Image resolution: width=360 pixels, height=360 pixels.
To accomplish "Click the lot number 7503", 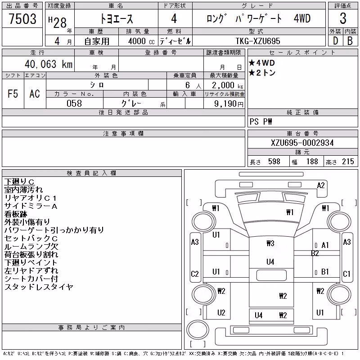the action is tap(22, 19).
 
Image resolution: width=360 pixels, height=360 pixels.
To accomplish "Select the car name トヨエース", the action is tap(117, 19).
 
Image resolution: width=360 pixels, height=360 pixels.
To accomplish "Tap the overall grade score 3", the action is tap(343, 18).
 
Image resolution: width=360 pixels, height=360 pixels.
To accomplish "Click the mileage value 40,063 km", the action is tap(49, 64).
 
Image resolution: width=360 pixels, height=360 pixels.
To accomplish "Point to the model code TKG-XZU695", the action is tap(258, 41).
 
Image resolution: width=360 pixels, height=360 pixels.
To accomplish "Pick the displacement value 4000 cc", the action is tap(141, 41).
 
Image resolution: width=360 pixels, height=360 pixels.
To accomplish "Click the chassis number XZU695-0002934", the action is tap(302, 143).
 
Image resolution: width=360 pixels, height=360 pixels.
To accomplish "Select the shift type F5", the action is tap(13, 94).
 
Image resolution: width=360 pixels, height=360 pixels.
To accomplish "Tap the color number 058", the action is tap(74, 103).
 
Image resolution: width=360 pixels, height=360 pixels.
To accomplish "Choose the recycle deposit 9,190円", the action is tap(229, 104).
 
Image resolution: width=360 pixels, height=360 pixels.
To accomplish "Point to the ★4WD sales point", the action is tap(262, 63).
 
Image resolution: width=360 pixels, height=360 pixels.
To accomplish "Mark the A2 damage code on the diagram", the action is tap(321, 185).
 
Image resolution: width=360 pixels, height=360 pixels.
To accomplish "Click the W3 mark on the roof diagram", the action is tap(270, 243).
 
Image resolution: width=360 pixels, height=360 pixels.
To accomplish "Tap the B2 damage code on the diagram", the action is tap(315, 253).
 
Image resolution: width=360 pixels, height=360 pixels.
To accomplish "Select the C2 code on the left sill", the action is tap(195, 274).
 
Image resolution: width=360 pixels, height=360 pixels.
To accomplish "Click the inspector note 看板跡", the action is tap(16, 214).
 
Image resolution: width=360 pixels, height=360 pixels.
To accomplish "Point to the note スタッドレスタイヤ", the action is tap(39, 287).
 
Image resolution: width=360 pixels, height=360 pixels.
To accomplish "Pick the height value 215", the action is tap(348, 162).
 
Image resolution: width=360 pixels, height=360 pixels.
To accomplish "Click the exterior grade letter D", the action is tap(335, 41).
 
